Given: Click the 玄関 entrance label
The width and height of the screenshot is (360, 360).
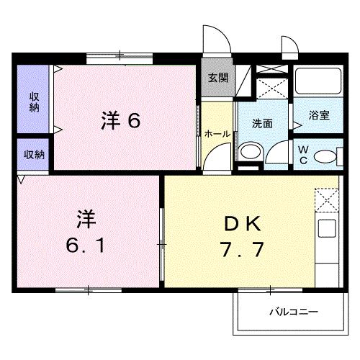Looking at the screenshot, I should coord(217,78).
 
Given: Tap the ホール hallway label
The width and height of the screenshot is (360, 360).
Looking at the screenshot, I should coord(217,133).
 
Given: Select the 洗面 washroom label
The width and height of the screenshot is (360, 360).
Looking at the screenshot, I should coord(262,123).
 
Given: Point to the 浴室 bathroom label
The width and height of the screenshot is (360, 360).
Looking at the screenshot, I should coord(318,115).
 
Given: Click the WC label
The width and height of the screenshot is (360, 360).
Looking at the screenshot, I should coord(303,154).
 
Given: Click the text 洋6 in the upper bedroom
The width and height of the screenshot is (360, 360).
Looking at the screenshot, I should coord(120,120).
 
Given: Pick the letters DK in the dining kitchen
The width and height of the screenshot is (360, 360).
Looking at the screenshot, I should coord(241,223).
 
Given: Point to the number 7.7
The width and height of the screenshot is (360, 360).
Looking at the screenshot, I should coord(241,251).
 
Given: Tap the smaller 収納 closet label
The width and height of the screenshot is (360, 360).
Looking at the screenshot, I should coord(34,154).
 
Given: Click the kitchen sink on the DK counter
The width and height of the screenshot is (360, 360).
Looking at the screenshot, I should coord(328,231).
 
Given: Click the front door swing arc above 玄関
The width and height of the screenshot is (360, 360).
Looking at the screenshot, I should coord(213,40).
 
